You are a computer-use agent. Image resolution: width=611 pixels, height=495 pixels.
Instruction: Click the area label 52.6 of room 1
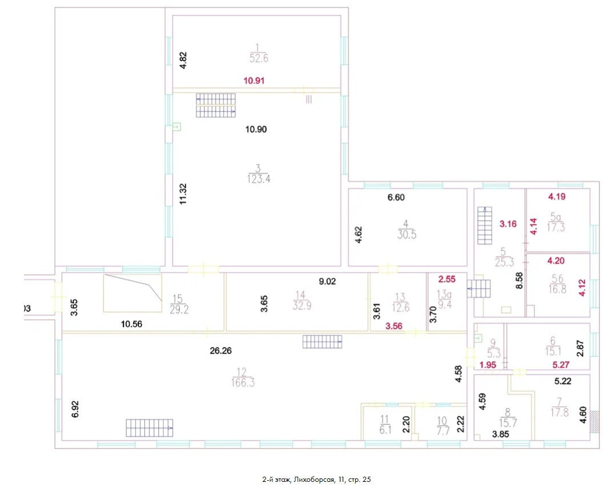pyautogui.click(x=259, y=58)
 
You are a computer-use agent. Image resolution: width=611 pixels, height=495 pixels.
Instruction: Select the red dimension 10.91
pyautogui.click(x=254, y=81)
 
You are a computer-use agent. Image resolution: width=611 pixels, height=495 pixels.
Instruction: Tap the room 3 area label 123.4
pyautogui.click(x=259, y=179)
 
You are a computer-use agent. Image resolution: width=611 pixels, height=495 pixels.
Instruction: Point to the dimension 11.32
pyautogui.click(x=184, y=194)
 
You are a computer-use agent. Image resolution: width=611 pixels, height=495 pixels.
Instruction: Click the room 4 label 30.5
pyautogui.click(x=407, y=234)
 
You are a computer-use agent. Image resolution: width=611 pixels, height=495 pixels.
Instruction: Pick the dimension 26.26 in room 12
pyautogui.click(x=220, y=351)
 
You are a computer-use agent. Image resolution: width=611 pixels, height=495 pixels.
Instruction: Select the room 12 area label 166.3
pyautogui.click(x=243, y=382)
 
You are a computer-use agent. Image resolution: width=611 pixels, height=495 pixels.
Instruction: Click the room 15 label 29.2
pyautogui.click(x=179, y=310)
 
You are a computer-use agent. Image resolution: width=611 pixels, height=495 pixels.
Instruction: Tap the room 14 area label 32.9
pyautogui.click(x=302, y=306)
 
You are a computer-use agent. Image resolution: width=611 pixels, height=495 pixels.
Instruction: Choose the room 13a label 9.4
pyautogui.click(x=445, y=305)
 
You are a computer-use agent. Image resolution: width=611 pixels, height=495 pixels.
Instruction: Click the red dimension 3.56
pyautogui.click(x=394, y=326)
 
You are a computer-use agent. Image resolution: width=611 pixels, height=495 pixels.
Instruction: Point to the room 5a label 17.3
pyautogui.click(x=556, y=227)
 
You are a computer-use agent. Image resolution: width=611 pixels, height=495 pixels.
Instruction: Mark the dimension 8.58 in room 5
pyautogui.click(x=519, y=281)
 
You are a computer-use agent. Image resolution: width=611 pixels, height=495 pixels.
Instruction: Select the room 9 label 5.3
pyautogui.click(x=494, y=354)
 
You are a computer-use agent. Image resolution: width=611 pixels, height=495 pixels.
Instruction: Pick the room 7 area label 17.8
pyautogui.click(x=560, y=412)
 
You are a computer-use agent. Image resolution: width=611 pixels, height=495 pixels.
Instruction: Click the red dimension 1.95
pyautogui.click(x=488, y=365)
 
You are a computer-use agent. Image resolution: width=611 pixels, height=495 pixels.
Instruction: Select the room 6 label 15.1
pyautogui.click(x=553, y=352)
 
